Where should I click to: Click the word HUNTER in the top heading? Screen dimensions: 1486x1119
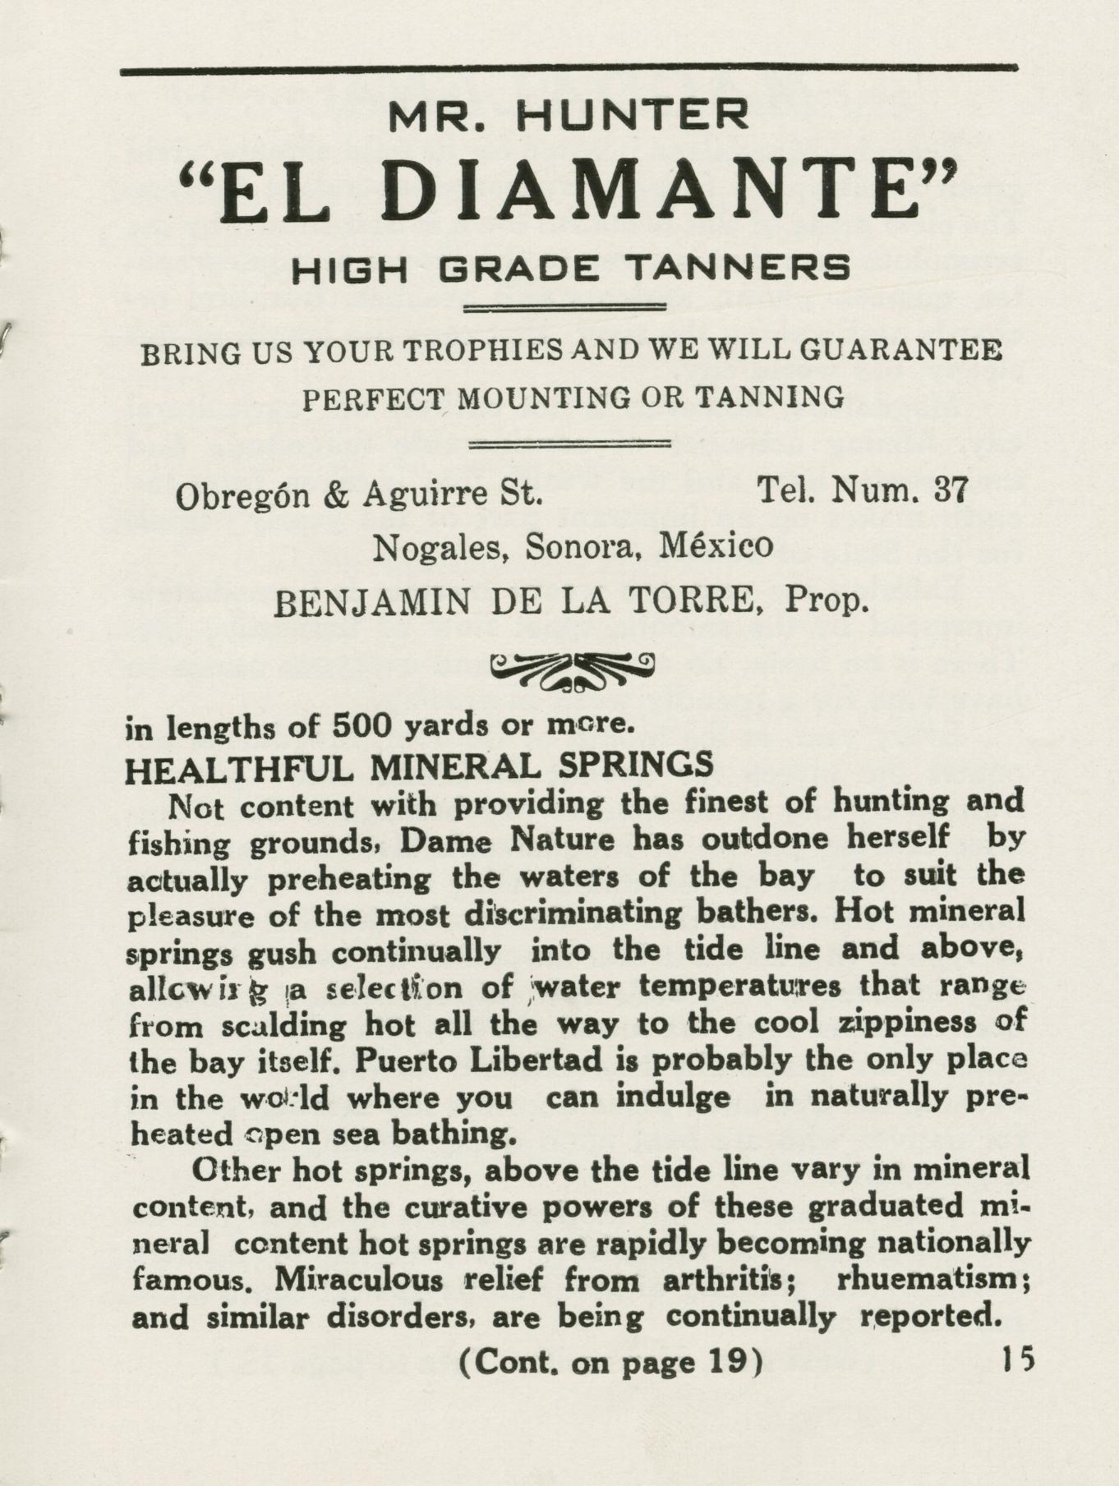point(633,116)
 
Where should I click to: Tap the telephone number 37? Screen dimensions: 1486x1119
point(951,490)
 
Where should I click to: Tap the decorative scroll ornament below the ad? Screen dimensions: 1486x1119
point(572,671)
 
